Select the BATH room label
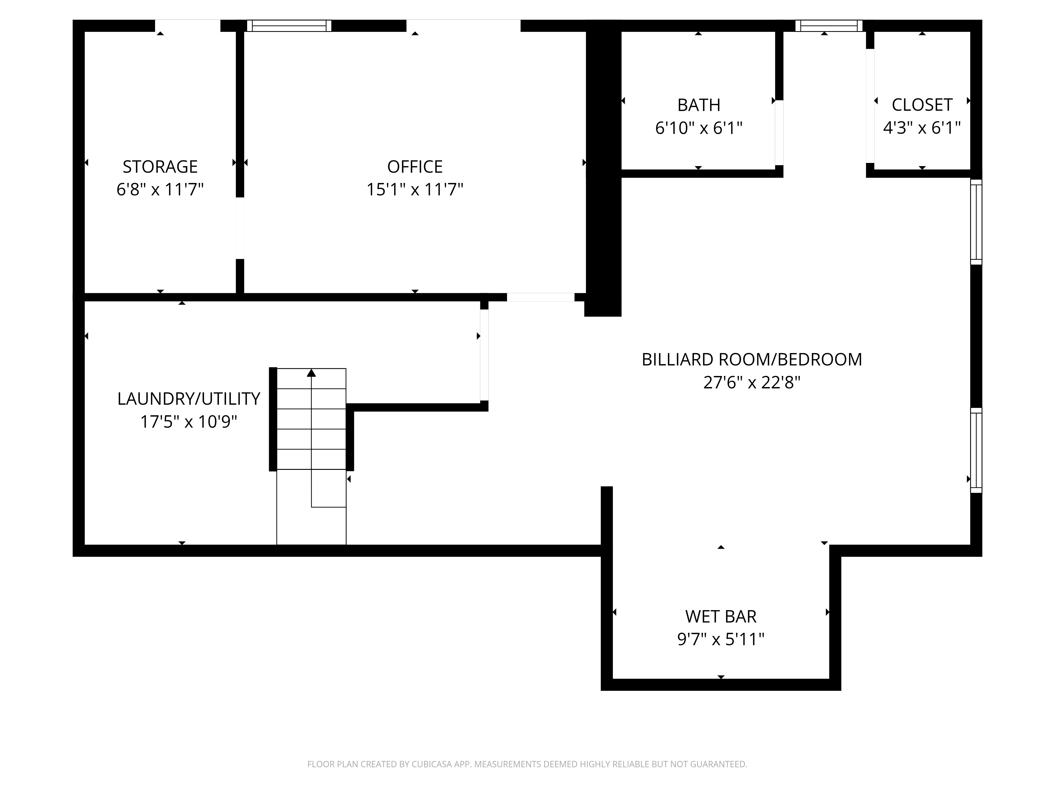(x=699, y=105)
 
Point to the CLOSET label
(x=922, y=105)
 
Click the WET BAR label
(x=721, y=616)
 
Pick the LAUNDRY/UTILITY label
(x=188, y=399)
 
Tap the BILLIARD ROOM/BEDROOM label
(x=752, y=359)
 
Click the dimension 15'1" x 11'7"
(x=414, y=190)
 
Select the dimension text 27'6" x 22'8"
(x=752, y=382)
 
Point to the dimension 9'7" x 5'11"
(x=721, y=639)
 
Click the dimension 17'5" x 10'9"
(x=188, y=422)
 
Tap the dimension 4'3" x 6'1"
(x=922, y=128)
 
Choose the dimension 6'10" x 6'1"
(x=699, y=128)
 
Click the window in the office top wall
(x=289, y=26)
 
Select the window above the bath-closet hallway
(x=829, y=26)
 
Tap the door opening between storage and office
(x=240, y=228)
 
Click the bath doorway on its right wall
(x=779, y=133)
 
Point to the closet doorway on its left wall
(x=870, y=106)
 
